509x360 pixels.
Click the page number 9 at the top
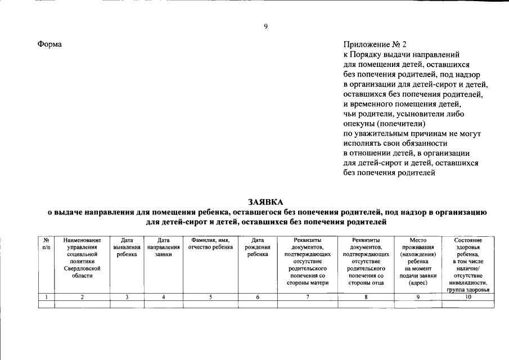pyautogui.click(x=265, y=26)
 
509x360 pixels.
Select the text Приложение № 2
pyautogui.click(x=374, y=44)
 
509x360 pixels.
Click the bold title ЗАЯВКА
pyautogui.click(x=266, y=201)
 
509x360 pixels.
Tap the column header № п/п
pyautogui.click(x=46, y=244)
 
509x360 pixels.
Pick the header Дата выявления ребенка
pyautogui.click(x=127, y=247)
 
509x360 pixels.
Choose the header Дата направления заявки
pyautogui.click(x=163, y=247)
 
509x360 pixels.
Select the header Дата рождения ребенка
pyautogui.click(x=258, y=247)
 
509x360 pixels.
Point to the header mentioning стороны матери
pyautogui.click(x=308, y=262)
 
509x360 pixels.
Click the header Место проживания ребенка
pyautogui.click(x=418, y=262)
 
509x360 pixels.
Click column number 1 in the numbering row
pyautogui.click(x=46, y=297)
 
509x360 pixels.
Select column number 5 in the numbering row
pyautogui.click(x=210, y=297)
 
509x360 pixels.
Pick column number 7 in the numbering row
pyautogui.click(x=308, y=297)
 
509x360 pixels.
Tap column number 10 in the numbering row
pyautogui.click(x=467, y=297)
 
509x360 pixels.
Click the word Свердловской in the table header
pyautogui.click(x=82, y=269)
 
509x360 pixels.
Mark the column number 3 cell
pyautogui.click(x=127, y=297)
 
